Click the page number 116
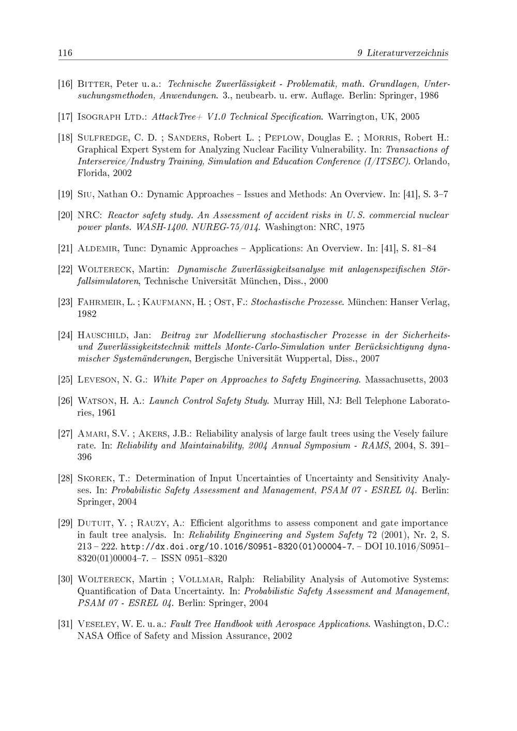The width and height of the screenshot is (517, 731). click(65, 53)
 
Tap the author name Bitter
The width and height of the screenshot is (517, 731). click(94, 84)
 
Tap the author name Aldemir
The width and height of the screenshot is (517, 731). click(98, 249)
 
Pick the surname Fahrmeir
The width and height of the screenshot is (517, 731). click(99, 302)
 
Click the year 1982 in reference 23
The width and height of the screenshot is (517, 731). click(86, 314)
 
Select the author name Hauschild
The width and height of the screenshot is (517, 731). click(102, 335)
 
